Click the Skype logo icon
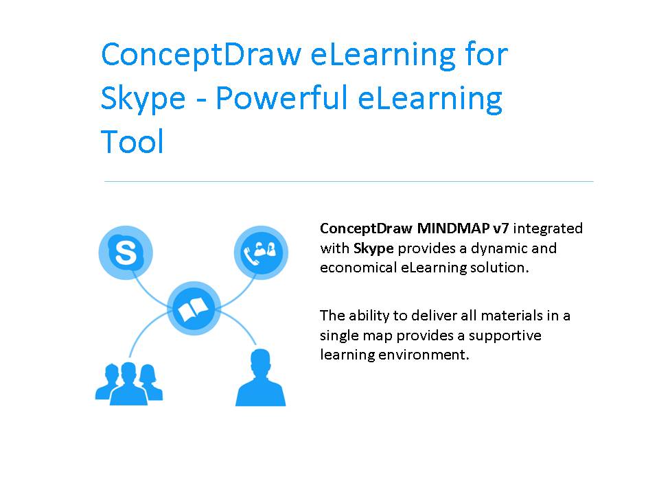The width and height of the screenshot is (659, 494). coord(126,252)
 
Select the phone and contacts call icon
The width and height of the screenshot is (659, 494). coord(259,252)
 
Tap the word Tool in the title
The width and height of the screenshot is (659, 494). coord(132,142)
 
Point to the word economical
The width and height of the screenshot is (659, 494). coord(358,268)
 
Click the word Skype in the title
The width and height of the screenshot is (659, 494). coord(143,99)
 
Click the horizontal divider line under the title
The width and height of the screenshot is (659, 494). coord(349,181)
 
